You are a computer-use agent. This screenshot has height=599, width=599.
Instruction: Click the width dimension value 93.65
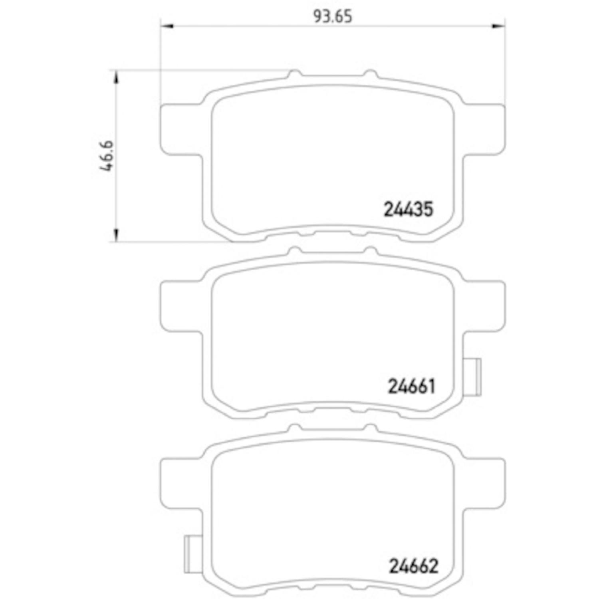pyautogui.click(x=333, y=17)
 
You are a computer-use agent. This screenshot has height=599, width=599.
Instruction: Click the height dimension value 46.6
pyautogui.click(x=106, y=156)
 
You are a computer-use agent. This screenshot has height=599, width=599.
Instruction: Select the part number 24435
pyautogui.click(x=408, y=209)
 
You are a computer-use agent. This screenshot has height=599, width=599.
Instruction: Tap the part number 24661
pyautogui.click(x=411, y=386)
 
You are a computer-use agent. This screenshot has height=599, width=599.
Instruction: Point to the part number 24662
pyautogui.click(x=413, y=565)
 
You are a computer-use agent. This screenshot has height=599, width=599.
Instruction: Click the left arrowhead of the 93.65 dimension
pyautogui.click(x=167, y=26)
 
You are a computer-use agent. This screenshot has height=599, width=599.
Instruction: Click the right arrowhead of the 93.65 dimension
pyautogui.click(x=498, y=26)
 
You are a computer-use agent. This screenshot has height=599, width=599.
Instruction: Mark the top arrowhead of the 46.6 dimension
pyautogui.click(x=116, y=77)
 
